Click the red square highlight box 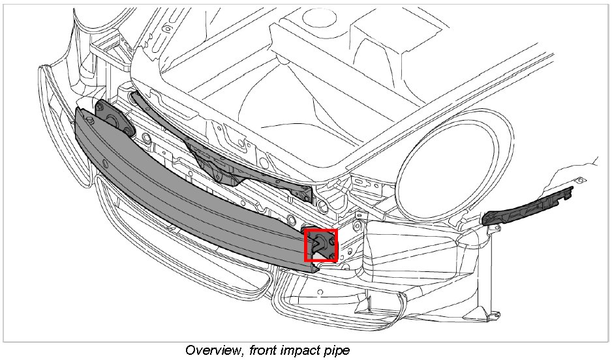pos(321,245)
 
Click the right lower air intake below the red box pos(339,297)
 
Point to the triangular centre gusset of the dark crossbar pos(209,163)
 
